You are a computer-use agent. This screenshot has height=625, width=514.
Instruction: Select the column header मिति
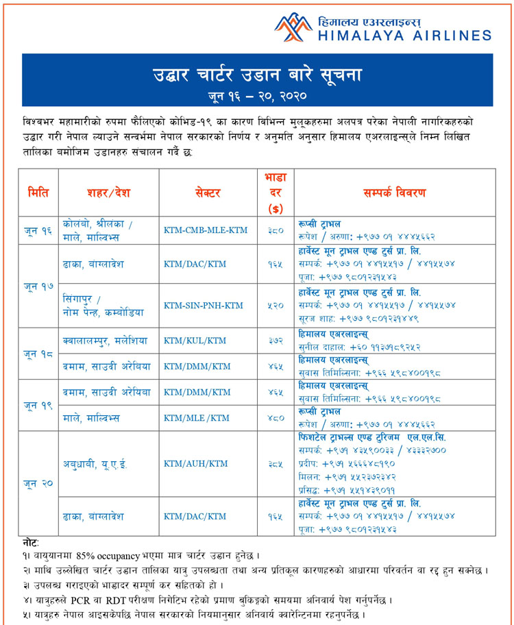38,193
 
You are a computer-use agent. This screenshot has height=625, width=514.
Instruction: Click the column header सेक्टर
206,193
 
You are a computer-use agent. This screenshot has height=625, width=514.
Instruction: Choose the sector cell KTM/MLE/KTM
197,418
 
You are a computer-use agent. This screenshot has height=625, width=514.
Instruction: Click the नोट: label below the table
30,542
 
